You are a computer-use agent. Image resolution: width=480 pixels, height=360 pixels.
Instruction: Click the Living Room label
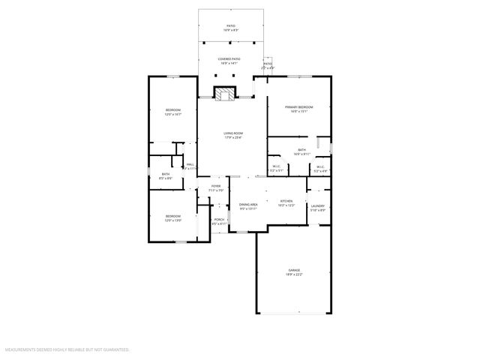click(233, 133)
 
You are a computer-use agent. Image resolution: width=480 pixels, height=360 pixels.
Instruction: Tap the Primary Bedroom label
click(299, 107)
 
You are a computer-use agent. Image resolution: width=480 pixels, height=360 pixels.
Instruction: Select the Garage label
click(294, 269)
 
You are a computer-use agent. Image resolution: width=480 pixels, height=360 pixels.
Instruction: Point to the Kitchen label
click(286, 201)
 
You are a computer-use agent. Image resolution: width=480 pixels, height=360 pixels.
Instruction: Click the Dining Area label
click(248, 204)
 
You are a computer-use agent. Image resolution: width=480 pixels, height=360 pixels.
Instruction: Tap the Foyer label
click(216, 186)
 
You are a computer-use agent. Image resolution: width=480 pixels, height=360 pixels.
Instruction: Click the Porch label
click(219, 220)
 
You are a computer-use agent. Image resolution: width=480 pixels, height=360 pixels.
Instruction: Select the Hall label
click(190, 163)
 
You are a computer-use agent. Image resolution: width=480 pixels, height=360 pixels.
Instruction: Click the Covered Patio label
click(229, 58)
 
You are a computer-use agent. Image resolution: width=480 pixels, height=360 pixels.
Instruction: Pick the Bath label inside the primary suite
click(301, 150)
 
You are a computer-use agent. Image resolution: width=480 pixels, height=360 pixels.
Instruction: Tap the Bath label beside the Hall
click(165, 174)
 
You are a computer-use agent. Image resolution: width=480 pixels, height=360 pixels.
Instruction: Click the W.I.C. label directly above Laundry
click(319, 166)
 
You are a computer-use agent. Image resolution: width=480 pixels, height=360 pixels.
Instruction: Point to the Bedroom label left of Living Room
click(173, 110)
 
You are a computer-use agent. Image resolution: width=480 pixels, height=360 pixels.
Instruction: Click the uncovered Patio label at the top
click(231, 26)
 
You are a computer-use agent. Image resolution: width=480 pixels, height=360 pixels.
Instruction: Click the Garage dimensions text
click(294, 274)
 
